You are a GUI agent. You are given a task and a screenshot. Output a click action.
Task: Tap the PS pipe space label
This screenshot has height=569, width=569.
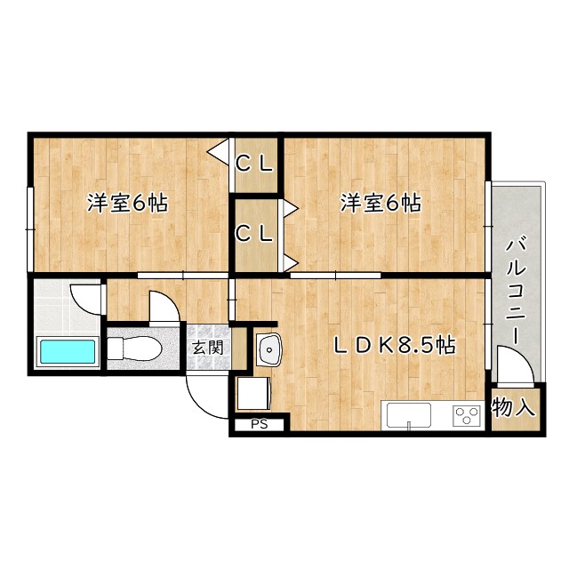coord(259,424)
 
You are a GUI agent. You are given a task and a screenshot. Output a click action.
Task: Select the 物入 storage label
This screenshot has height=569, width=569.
coord(514,407)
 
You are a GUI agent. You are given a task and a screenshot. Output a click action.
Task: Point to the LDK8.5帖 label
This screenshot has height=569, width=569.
coord(395,345)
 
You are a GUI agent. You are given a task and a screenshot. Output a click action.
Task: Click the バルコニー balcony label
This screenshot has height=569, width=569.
coord(516,291)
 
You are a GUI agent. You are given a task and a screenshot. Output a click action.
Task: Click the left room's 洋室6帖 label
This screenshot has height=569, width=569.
coord(127,203)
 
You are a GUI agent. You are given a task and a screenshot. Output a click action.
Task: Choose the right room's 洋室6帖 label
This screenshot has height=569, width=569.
coord(381,203)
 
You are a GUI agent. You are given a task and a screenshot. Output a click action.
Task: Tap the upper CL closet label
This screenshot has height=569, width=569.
coord(254,164)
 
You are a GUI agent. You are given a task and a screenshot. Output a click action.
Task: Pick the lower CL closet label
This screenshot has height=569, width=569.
coord(254,234)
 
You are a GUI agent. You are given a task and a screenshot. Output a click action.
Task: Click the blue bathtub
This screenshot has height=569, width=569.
coord(68,351)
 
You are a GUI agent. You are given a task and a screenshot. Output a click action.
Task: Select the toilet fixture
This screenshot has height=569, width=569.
coord(134,349)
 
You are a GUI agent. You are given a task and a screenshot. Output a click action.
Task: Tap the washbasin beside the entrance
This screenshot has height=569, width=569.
coord(268,349)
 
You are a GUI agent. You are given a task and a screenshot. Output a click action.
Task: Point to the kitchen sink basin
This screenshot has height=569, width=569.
coord(409,415)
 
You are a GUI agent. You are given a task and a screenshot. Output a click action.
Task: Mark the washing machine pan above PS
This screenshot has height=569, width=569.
coord(253,394)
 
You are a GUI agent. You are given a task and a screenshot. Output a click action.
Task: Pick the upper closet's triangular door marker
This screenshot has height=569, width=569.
coord(220,149)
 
